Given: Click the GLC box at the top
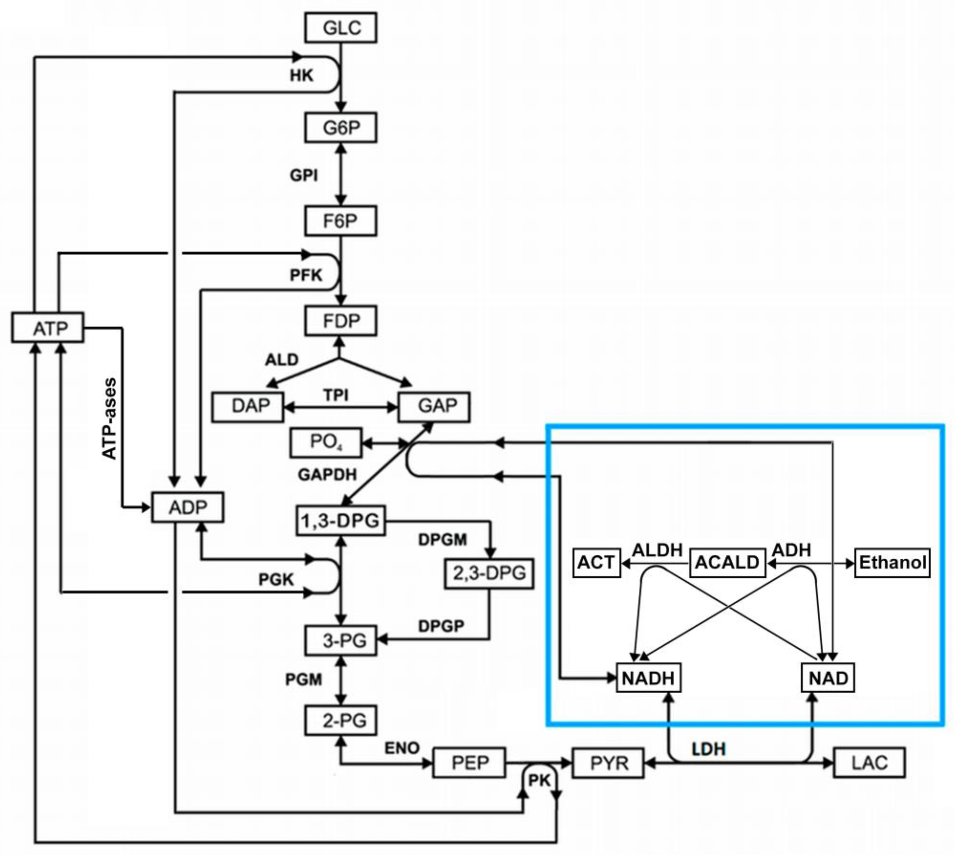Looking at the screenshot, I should pos(341,28).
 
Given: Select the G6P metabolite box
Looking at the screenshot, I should pos(341,127).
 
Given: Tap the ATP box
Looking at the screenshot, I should pos(48,328).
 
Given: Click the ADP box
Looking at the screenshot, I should pos(187,507).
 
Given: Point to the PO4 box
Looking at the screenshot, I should pos(326,442).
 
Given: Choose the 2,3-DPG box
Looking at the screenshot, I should pos(489,573).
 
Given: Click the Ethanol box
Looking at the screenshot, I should pos(892,562).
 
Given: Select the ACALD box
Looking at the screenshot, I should pos(727,562).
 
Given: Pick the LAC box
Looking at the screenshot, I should pos(869,762).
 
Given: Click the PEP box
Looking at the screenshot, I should pos(469,762).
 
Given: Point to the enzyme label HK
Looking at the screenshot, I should pos(301,75).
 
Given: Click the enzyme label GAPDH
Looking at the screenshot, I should pos(328,475).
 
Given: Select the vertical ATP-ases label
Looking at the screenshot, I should pos(110,418).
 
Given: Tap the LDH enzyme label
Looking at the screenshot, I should pos(708,749).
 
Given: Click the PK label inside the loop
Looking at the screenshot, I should pos(539,780).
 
